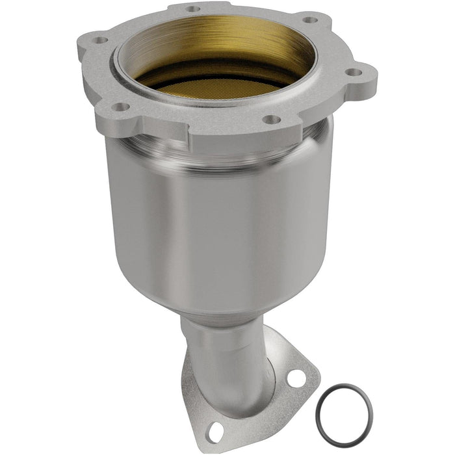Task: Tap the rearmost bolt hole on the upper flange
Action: [x=193, y=9]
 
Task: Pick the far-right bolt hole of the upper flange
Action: [x=352, y=73]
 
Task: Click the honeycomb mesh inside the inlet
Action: [x=214, y=87]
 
